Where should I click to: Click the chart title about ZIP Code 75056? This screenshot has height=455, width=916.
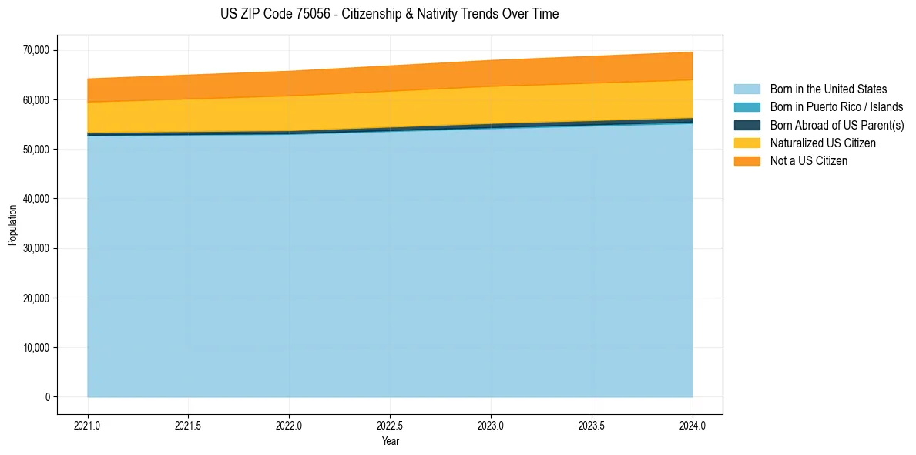coord(389,14)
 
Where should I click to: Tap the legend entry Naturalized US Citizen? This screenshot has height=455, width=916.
coord(823,143)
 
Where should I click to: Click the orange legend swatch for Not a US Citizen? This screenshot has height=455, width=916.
coord(747,161)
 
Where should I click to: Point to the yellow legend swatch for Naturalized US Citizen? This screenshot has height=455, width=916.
coord(747,143)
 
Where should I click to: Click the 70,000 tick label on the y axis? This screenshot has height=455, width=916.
coord(35,51)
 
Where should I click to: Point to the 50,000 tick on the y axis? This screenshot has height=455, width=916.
coord(35,150)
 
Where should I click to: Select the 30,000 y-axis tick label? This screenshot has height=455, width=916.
coord(35,248)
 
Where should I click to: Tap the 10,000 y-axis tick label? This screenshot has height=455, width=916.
coord(35,348)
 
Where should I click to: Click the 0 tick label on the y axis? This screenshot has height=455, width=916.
coord(46,397)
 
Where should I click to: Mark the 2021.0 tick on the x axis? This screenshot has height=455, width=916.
coord(88,425)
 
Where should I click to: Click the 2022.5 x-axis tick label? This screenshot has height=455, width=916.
coord(390,425)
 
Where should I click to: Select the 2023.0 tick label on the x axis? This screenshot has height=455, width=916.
coord(491,425)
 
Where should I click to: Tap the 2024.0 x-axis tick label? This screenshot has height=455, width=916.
coord(693,425)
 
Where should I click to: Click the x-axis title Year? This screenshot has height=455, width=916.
coord(390,442)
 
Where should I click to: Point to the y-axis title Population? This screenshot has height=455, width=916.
coord(12,224)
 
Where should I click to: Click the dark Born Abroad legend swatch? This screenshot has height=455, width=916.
coord(747,125)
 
